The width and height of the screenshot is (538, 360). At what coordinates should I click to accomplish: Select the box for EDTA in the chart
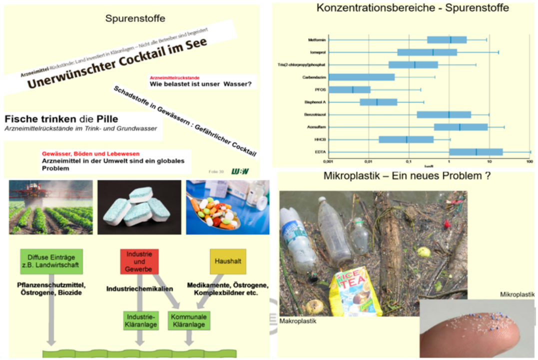476,151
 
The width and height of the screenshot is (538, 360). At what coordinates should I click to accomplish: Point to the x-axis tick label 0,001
328,162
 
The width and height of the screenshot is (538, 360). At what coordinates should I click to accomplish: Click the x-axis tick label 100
530,162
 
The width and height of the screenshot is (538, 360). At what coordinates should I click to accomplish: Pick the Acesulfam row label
317,127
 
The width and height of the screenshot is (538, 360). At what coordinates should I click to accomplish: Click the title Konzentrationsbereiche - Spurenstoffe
413,8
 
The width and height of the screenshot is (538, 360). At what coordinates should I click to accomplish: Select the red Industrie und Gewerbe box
139,261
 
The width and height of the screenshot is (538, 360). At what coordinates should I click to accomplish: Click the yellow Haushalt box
228,261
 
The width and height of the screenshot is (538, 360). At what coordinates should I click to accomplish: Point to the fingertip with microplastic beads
475,327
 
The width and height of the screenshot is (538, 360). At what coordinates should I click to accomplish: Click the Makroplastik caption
298,320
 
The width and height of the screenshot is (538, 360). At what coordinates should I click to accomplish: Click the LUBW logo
240,171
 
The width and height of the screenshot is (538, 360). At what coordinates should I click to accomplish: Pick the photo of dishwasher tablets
139,207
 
